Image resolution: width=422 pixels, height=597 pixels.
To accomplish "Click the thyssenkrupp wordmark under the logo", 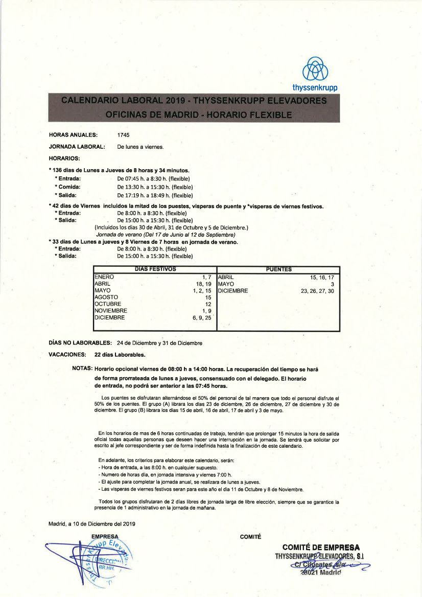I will pyautogui.click(x=315, y=88).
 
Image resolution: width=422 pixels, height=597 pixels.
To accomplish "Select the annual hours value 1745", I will pyautogui.click(x=123, y=135).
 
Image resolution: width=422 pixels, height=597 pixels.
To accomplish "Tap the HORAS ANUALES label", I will pyautogui.click(x=73, y=135).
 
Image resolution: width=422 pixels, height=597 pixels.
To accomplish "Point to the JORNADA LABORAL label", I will pyautogui.click(x=77, y=147).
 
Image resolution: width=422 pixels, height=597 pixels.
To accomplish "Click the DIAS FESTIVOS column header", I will pyautogui.click(x=155, y=269).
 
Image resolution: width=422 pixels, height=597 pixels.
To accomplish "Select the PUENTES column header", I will pyautogui.click(x=279, y=269).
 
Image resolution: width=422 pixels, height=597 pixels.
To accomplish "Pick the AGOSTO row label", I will pyautogui.click(x=106, y=297).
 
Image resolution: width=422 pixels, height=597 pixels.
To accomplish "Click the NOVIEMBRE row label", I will pyautogui.click(x=111, y=310).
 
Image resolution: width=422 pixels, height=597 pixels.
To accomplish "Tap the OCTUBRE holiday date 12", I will pyautogui.click(x=208, y=304).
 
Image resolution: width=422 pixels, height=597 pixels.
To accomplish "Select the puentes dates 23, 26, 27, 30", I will pyautogui.click(x=317, y=291).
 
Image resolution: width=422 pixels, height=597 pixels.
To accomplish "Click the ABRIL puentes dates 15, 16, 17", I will pyautogui.click(x=322, y=277).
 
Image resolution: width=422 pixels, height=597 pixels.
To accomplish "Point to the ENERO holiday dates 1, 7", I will pyautogui.click(x=206, y=277).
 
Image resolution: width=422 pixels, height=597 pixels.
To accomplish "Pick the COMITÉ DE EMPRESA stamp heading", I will pyautogui.click(x=321, y=547).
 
